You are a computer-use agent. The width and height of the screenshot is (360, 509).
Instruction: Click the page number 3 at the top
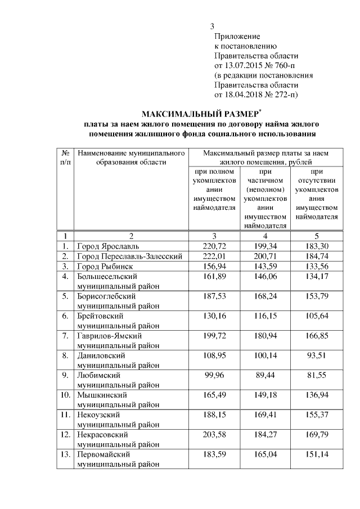point(212,26)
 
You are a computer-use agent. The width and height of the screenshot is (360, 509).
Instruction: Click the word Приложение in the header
point(236,36)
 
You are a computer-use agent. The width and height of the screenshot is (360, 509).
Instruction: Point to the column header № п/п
point(65,157)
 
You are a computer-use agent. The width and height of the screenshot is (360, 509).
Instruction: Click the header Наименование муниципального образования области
point(131,157)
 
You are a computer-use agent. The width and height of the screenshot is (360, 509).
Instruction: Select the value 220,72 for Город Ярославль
point(213,246)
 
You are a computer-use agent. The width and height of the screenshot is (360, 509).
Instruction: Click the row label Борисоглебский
point(100,296)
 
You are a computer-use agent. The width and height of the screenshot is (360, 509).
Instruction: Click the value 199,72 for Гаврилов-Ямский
point(213,336)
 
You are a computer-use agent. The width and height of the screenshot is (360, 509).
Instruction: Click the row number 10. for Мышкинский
point(65,395)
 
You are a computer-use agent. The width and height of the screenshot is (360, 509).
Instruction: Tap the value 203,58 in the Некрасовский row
point(213,434)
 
